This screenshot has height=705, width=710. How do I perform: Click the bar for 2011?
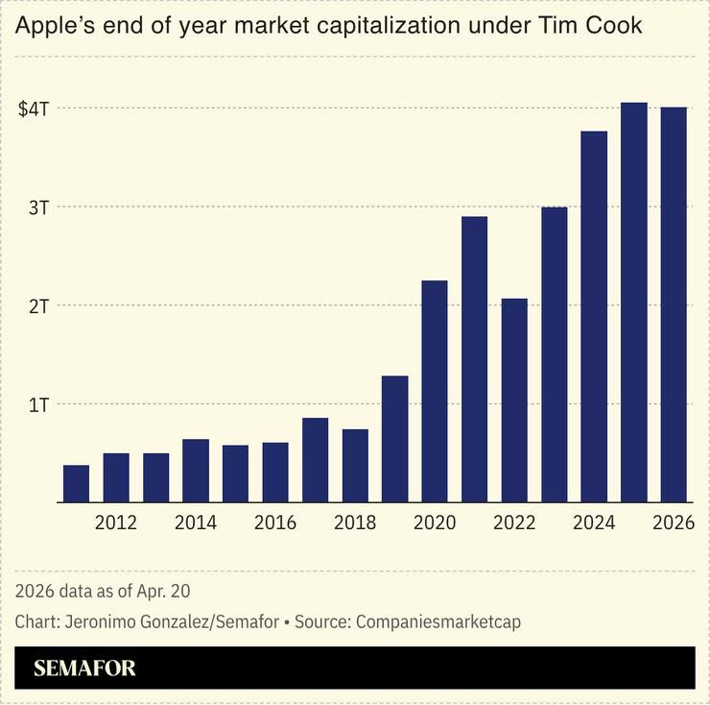pyautogui.click(x=77, y=483)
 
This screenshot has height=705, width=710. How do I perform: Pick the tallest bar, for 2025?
pyautogui.click(x=633, y=302)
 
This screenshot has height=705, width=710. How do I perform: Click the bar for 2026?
pyautogui.click(x=674, y=304)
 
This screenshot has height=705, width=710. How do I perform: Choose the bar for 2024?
pyautogui.click(x=594, y=316)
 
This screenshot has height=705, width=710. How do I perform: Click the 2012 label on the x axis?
pyautogui.click(x=116, y=523)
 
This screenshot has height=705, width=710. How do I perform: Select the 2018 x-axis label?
pyautogui.click(x=355, y=523)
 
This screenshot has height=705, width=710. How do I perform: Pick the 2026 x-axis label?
pyautogui.click(x=674, y=523)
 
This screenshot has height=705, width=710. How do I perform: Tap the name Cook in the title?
pyautogui.click(x=616, y=26)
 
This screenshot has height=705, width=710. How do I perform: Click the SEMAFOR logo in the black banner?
pyautogui.click(x=84, y=669)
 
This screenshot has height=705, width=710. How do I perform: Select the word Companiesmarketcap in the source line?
pyautogui.click(x=438, y=621)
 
